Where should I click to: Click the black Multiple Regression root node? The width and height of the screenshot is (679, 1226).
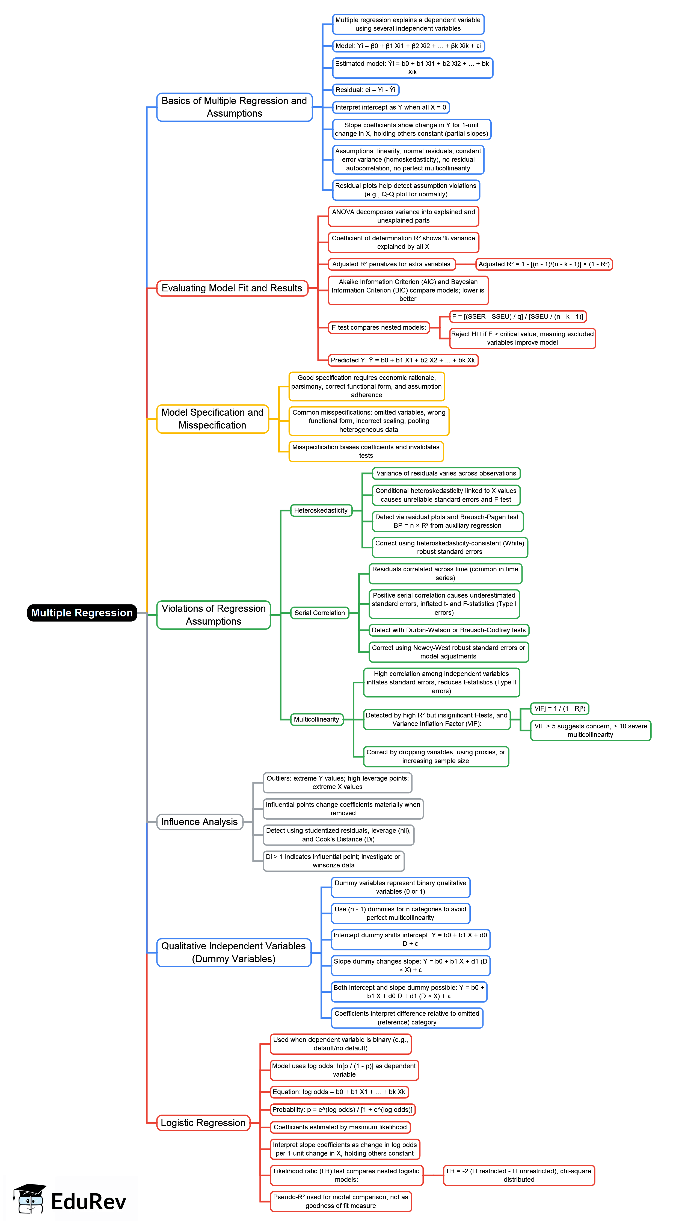coord(82,613)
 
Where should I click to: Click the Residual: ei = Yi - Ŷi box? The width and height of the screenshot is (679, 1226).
coord(365,90)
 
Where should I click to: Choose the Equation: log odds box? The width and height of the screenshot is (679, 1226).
coord(339,1092)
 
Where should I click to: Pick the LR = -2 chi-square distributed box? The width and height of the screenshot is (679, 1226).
coord(519,1175)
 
